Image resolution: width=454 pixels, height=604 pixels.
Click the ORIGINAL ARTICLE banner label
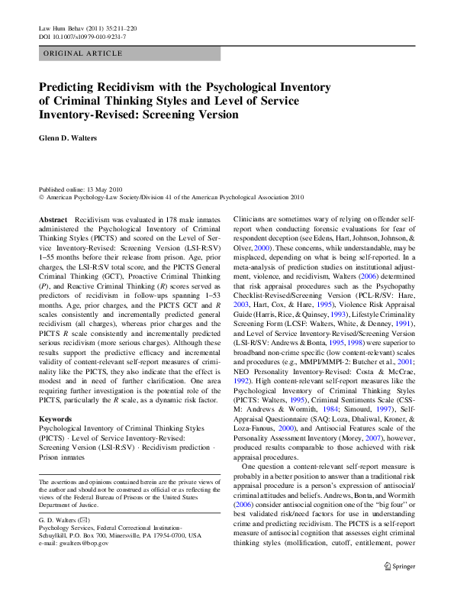83,53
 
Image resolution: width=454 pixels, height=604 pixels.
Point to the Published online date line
81,187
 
